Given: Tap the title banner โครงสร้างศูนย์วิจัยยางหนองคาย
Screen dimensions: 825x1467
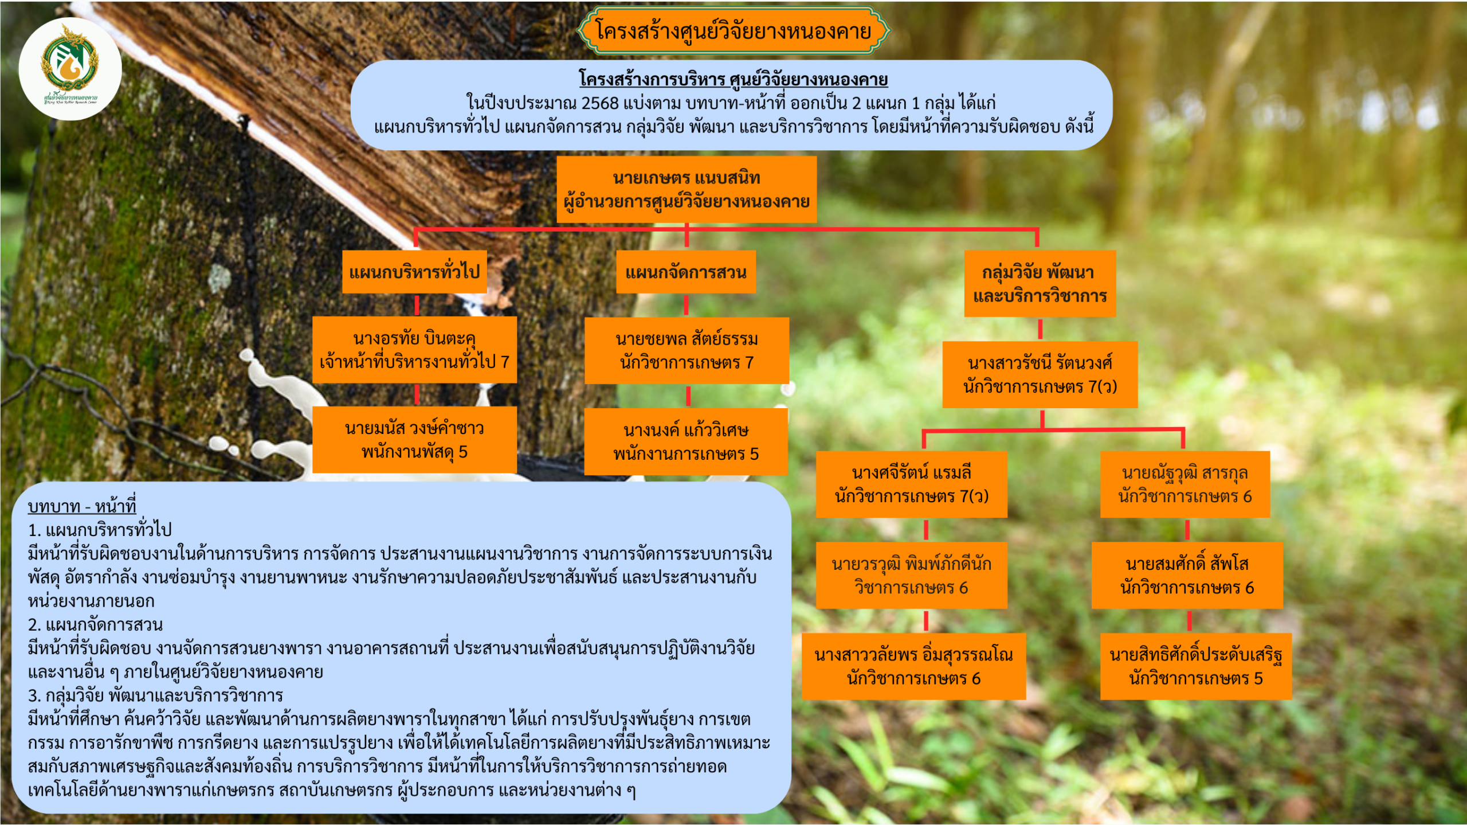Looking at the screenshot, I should click(733, 31).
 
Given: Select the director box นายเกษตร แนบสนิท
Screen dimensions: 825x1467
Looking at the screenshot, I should click(686, 189).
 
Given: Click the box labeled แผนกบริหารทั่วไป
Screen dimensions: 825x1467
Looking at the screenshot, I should click(414, 272).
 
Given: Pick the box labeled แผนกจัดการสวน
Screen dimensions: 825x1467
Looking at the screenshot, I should click(685, 272).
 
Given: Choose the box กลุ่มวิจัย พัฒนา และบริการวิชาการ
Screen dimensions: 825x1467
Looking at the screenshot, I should click(1040, 284).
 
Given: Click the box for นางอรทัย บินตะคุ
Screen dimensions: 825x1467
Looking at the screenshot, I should click(414, 350).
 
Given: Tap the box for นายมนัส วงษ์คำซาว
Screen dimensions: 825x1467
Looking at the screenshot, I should click(414, 440).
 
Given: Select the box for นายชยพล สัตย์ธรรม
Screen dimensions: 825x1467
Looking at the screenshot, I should click(687, 350).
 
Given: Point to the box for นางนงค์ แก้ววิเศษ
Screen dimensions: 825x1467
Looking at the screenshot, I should click(686, 441).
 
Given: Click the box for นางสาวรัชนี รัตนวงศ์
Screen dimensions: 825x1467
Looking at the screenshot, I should click(1040, 374).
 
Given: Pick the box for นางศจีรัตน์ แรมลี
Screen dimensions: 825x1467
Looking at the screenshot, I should click(911, 484).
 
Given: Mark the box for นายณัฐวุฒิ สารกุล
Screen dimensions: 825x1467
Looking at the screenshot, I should click(1184, 484).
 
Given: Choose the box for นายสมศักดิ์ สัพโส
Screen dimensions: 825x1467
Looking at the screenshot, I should click(1187, 575).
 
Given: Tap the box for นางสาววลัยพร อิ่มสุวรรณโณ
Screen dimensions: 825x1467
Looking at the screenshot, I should click(913, 666).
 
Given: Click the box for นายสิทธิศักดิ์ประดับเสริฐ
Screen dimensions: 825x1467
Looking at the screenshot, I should click(1195, 666).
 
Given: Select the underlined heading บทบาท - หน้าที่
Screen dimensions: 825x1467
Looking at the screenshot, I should click(82, 506).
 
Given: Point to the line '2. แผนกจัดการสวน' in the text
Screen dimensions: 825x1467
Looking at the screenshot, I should click(95, 624).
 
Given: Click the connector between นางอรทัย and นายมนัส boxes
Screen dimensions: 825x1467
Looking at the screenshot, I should click(417, 394).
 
